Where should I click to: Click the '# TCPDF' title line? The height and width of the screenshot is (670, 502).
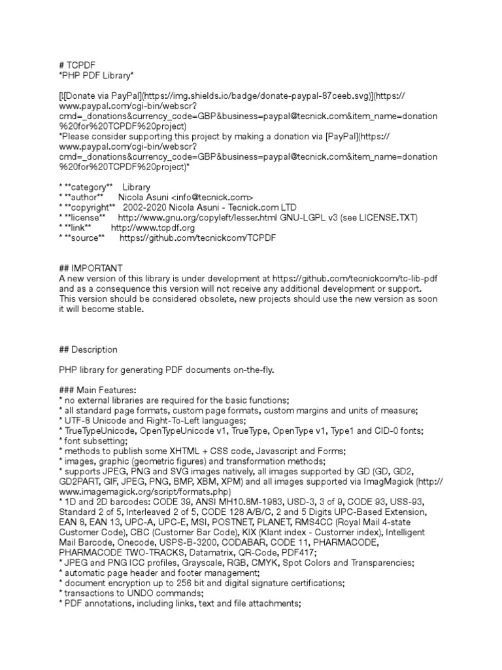77,64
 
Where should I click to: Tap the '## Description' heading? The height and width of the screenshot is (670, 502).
89,349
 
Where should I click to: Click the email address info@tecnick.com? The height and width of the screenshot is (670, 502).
212,197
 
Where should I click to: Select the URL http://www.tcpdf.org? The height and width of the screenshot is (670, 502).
153,228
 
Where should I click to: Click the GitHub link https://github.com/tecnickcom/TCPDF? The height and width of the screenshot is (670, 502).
198,238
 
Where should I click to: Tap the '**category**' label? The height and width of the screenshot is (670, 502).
88,187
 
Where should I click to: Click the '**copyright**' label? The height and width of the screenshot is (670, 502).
91,207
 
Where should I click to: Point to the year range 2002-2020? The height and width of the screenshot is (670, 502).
154,207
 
